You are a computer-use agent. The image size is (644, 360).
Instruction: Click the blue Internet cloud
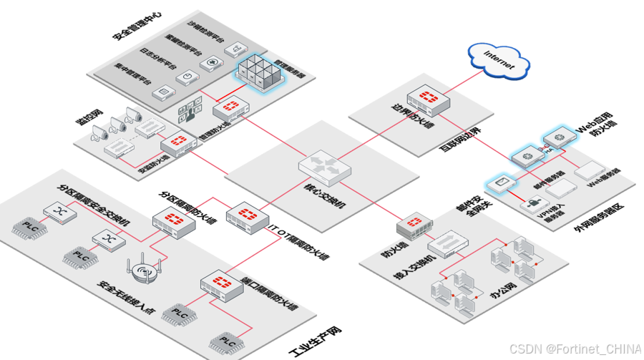click(x=499, y=62)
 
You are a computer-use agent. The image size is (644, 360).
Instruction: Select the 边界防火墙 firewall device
click(x=428, y=102)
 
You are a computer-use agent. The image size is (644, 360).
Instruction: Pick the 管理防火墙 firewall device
click(x=230, y=109)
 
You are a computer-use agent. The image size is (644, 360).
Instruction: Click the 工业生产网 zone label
click(x=315, y=342)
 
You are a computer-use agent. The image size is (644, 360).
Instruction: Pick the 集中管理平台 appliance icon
click(x=164, y=92)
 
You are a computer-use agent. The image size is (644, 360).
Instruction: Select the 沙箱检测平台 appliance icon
click(x=234, y=49)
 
